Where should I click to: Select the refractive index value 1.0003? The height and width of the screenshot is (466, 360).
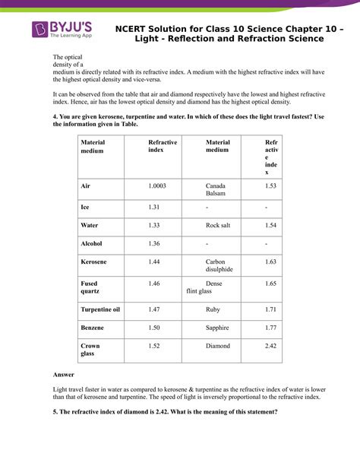coord(157,186)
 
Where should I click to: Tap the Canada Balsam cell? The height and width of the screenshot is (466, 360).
coord(215,190)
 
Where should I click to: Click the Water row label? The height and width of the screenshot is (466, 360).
coord(90,225)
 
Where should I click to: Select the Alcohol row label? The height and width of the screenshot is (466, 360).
coord(91,243)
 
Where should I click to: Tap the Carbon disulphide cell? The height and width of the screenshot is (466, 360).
coord(219,265)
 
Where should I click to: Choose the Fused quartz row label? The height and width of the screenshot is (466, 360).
coord(90,287)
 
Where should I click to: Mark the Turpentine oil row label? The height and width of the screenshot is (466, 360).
coord(100,309)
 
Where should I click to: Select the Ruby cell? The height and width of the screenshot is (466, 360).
coord(213,309)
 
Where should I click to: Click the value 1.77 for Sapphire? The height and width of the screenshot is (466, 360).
coord(270,328)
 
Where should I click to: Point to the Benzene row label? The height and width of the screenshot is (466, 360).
coord(93,328)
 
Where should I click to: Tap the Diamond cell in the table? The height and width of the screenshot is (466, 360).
coord(217,346)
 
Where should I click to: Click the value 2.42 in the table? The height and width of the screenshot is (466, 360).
coord(271,346)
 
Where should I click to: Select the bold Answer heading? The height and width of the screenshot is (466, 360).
coord(64,375)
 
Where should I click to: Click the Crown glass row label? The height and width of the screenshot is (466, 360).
coord(90,350)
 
